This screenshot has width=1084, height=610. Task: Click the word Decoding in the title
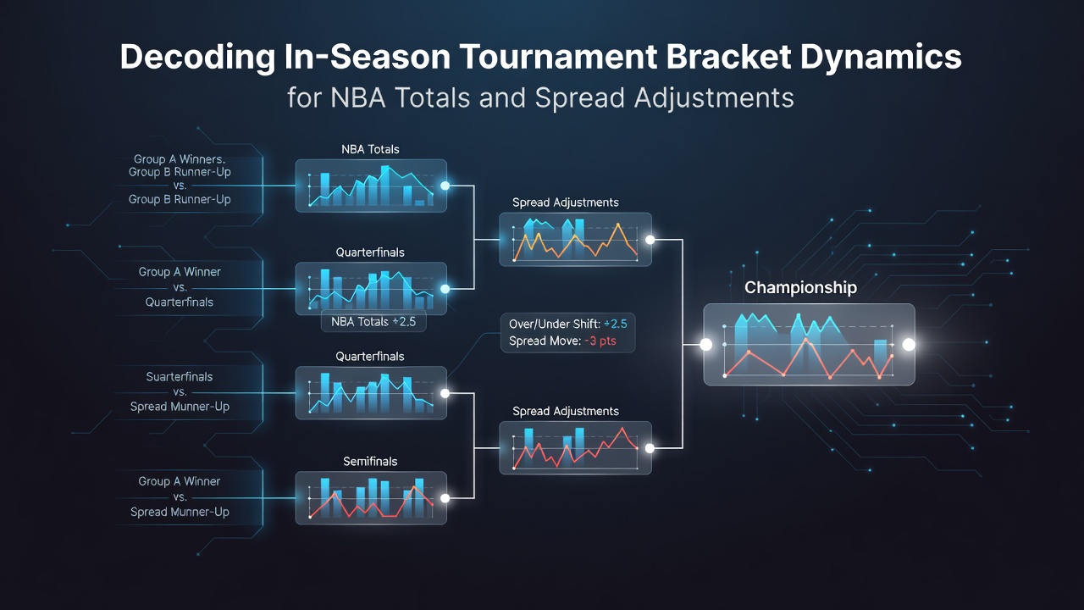pyautogui.click(x=197, y=58)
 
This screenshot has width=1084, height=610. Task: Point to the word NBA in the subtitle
pyautogui.click(x=358, y=97)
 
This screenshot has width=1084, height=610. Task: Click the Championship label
pyautogui.click(x=800, y=287)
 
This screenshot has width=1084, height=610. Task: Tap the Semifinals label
pyautogui.click(x=370, y=462)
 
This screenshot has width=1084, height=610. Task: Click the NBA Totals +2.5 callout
pyautogui.click(x=373, y=322)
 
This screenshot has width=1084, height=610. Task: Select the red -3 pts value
pyautogui.click(x=600, y=341)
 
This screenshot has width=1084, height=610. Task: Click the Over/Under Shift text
pyautogui.click(x=554, y=324)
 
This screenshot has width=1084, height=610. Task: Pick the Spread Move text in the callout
pyautogui.click(x=545, y=341)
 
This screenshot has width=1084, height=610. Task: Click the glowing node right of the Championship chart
pyautogui.click(x=909, y=345)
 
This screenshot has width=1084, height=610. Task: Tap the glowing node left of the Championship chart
pyautogui.click(x=706, y=345)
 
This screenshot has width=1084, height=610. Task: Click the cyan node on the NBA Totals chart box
pyautogui.click(x=445, y=186)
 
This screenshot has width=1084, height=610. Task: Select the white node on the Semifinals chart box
pyautogui.click(x=445, y=498)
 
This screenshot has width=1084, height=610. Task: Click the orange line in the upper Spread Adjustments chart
pyautogui.click(x=575, y=242)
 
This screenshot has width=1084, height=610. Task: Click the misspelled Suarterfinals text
pyautogui.click(x=180, y=377)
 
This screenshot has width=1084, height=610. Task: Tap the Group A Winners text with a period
pyautogui.click(x=180, y=159)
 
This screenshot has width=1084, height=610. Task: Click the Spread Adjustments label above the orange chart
pyautogui.click(x=565, y=202)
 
